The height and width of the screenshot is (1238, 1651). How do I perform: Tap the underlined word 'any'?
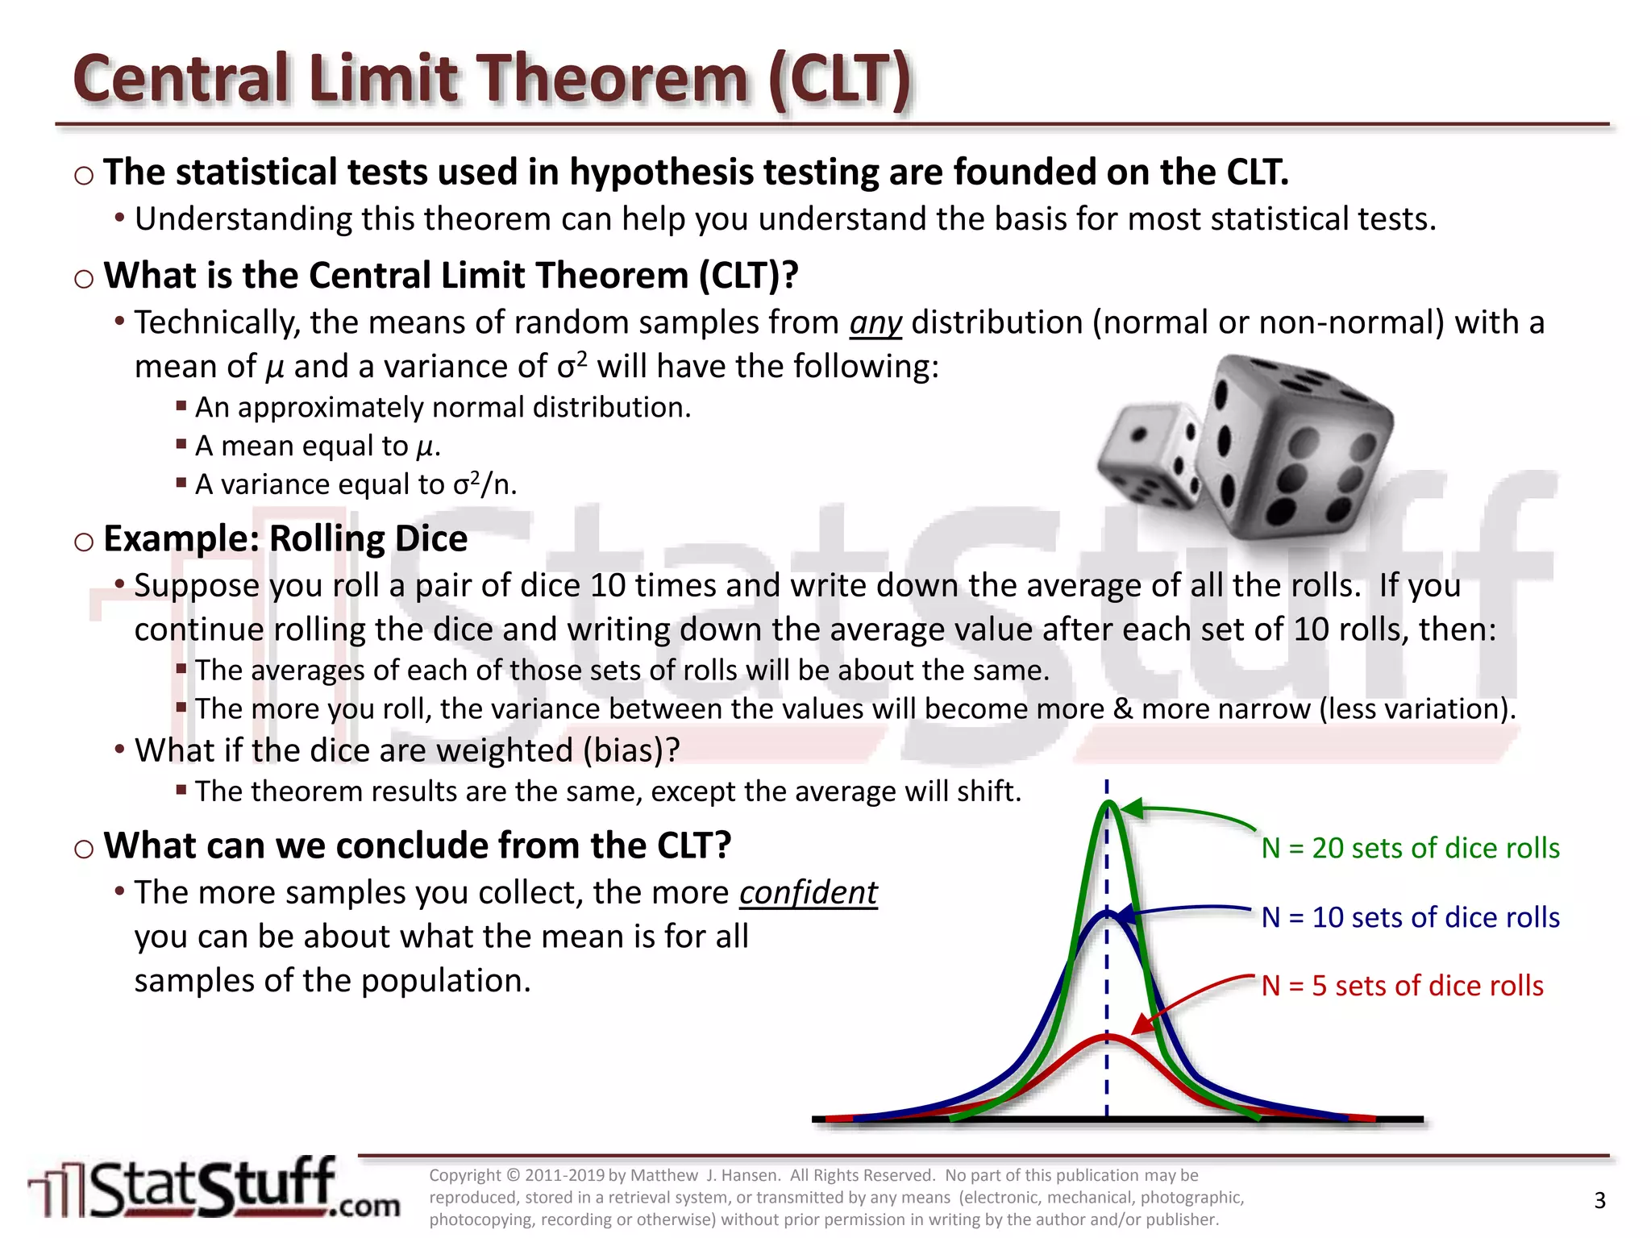click(x=875, y=323)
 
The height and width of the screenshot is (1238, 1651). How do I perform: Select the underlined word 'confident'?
click(x=808, y=893)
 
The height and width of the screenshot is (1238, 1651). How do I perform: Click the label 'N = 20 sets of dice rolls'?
click(x=1410, y=848)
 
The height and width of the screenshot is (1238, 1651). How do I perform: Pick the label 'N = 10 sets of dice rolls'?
click(x=1410, y=917)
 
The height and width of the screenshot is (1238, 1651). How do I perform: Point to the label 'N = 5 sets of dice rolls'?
click(x=1402, y=986)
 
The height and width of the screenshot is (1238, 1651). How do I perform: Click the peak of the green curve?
click(x=1109, y=804)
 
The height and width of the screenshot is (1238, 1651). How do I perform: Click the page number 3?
click(x=1599, y=1201)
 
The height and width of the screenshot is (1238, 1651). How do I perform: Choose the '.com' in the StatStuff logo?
click(x=364, y=1206)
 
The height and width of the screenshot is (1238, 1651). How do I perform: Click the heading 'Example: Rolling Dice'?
click(x=285, y=538)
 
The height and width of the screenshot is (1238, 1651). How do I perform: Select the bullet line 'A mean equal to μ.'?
click(x=318, y=447)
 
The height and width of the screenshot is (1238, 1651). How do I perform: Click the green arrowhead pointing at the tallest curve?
click(x=1132, y=808)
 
